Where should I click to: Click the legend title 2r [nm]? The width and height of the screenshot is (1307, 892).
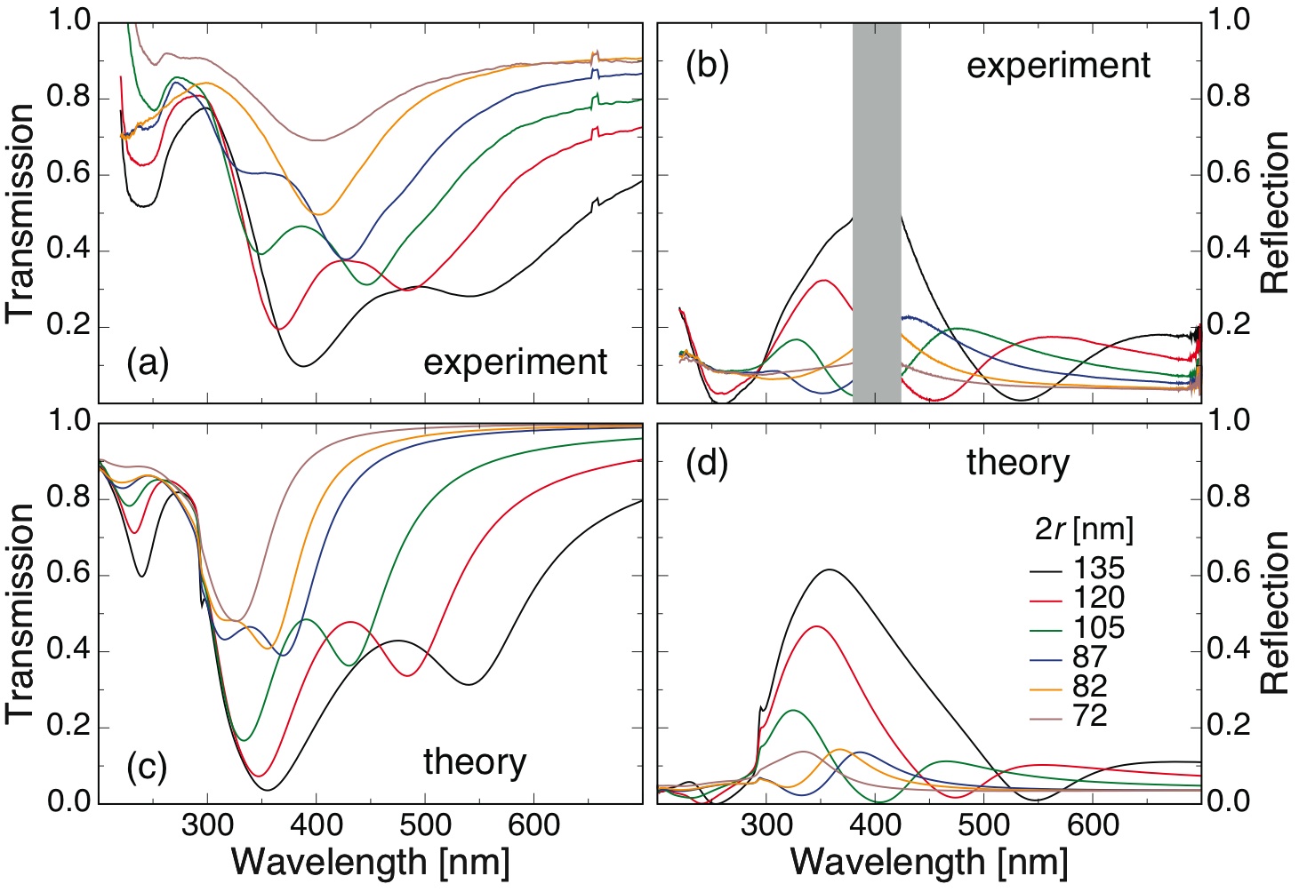1084,530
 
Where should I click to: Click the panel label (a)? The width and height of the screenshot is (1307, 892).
148,363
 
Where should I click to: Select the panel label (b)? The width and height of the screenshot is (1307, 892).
708,67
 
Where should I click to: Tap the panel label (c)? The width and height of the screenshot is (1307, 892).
148,767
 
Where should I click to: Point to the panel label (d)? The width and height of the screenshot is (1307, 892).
708,464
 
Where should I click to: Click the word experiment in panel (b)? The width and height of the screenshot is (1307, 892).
1058,67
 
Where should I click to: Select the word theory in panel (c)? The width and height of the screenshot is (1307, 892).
475,762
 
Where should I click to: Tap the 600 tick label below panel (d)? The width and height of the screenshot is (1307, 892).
1093,825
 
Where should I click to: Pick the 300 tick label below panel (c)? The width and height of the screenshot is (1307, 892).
208,825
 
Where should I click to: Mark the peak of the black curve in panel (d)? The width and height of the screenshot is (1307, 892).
830,569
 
